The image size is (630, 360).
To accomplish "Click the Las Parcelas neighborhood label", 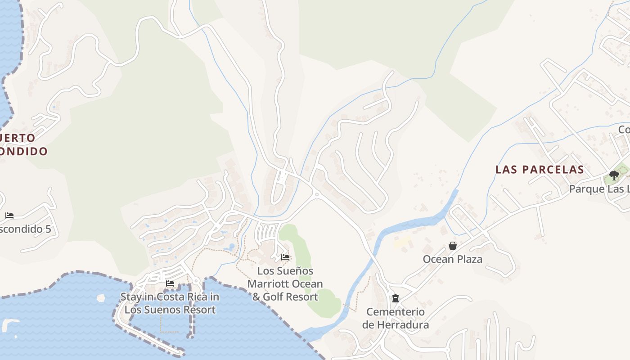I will pyautogui.click(x=540, y=170).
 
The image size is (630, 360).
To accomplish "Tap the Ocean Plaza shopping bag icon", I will pyautogui.click(x=453, y=246).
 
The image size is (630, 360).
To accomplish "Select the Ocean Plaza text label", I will pyautogui.click(x=452, y=259).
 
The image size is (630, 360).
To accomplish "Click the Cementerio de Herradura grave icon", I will pyautogui.click(x=395, y=298).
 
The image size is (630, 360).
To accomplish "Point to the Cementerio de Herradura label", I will pyautogui.click(x=395, y=318).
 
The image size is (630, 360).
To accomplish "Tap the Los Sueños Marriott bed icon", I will pyautogui.click(x=285, y=257).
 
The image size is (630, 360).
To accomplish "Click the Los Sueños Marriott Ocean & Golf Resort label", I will pyautogui.click(x=285, y=283).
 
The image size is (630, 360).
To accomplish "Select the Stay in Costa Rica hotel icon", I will pyautogui.click(x=170, y=283).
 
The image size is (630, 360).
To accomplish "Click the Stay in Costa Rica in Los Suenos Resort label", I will pyautogui.click(x=170, y=303).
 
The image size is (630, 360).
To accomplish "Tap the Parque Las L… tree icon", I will pyautogui.click(x=614, y=175).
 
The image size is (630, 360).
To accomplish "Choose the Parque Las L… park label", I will pyautogui.click(x=599, y=189).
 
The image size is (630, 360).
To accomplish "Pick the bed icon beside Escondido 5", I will pyautogui.click(x=9, y=216).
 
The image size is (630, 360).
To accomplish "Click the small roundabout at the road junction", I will pyautogui.click(x=317, y=194).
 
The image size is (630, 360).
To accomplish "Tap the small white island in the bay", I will pyautogui.click(x=101, y=297).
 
